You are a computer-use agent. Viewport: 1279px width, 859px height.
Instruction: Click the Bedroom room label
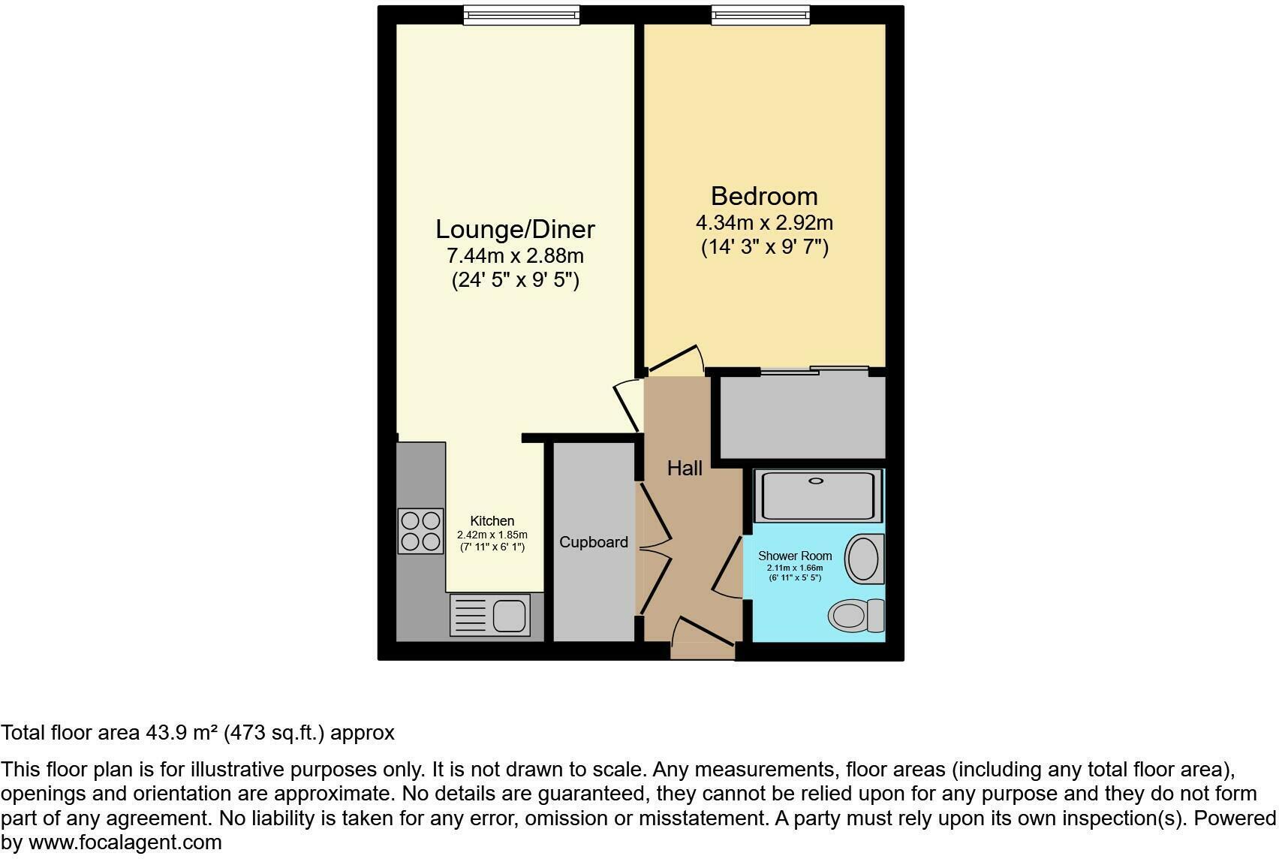[x=764, y=196]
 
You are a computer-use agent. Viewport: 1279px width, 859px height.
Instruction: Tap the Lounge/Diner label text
[x=515, y=229]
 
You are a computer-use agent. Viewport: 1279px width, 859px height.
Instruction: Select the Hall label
[x=685, y=469]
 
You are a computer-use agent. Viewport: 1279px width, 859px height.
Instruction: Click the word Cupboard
[x=593, y=542]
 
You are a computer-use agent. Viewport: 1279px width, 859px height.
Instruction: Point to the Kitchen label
[x=492, y=521]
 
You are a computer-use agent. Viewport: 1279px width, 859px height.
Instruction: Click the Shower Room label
[x=795, y=556]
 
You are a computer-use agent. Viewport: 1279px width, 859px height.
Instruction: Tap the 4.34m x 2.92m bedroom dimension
[x=764, y=223]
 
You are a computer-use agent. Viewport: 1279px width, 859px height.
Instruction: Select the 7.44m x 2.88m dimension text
[x=515, y=256]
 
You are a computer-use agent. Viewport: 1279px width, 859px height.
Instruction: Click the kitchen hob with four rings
[x=420, y=531]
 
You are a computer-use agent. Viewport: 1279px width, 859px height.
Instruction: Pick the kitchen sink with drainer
[x=490, y=615]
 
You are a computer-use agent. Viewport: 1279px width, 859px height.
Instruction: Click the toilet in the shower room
[x=856, y=616]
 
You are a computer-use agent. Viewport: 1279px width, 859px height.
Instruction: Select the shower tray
[x=817, y=495]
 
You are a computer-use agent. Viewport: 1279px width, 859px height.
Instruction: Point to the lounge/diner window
[x=521, y=15]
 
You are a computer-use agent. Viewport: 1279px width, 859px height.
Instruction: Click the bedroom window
[x=761, y=15]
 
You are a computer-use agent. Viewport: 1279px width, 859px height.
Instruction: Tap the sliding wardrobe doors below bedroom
[x=814, y=370]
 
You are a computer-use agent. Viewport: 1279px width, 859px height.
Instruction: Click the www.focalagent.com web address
[x=125, y=842]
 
